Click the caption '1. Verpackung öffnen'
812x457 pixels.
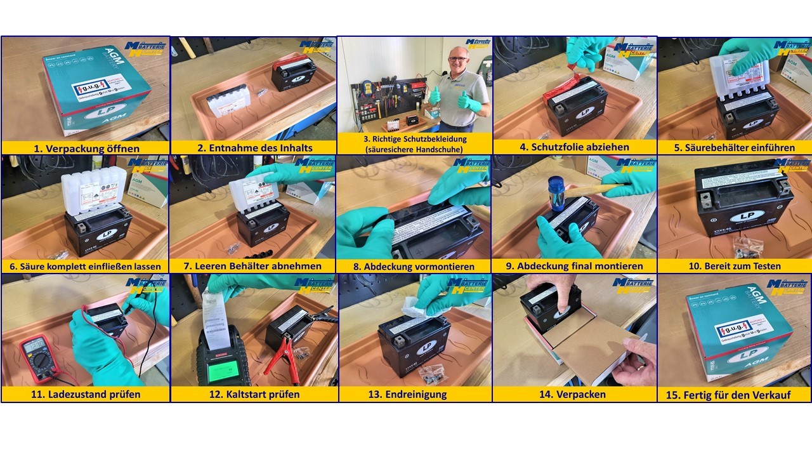(86, 148)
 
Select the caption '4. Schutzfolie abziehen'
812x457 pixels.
(574, 147)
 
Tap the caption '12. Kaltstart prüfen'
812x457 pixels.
(254, 394)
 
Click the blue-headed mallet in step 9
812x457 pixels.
(556, 193)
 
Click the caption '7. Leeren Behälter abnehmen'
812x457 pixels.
(254, 266)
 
